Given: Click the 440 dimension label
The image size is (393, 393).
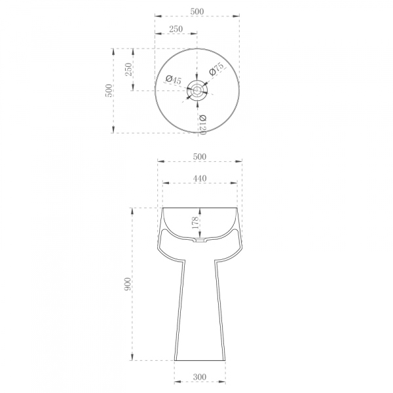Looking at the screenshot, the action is point(200,178).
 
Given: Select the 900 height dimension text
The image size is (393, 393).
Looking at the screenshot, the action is point(128,284).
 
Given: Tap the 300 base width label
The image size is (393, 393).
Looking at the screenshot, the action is point(200,377).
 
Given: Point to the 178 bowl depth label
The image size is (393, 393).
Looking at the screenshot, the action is point(195,222).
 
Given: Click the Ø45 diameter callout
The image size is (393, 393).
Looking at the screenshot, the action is point(173,80).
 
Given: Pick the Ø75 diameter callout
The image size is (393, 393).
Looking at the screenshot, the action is point(216,69).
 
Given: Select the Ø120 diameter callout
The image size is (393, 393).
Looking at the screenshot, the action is point(202,124).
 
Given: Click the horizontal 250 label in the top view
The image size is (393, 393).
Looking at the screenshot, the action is point(176,29).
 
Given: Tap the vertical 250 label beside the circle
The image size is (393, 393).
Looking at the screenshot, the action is point(128,69).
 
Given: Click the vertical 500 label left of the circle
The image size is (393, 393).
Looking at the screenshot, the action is point(109,90).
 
